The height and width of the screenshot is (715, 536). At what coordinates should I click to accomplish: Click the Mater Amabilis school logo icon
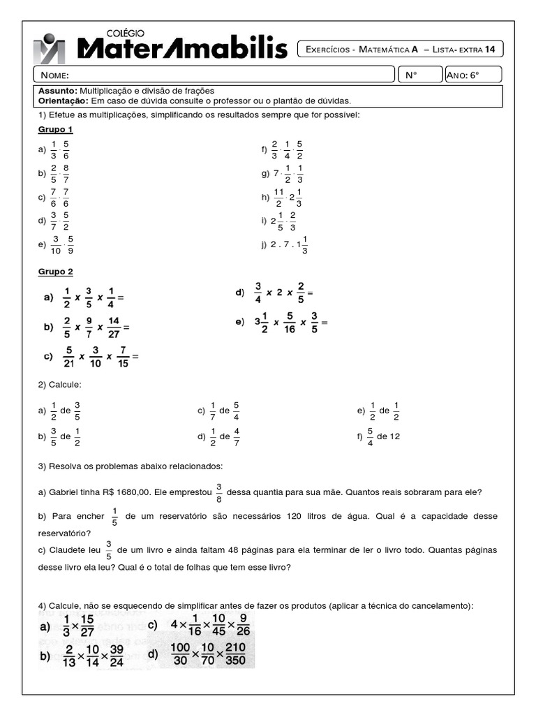pos(49,48)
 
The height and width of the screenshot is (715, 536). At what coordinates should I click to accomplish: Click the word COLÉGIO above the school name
pos(125,32)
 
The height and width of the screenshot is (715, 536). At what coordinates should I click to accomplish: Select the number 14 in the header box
pos(494,50)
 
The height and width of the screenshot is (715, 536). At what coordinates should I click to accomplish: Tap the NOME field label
pos(54,75)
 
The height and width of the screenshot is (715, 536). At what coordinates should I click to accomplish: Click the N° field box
pos(419,75)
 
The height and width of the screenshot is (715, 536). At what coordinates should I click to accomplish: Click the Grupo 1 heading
pos(55,130)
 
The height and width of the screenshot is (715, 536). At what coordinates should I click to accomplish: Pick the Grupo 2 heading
pos(55,272)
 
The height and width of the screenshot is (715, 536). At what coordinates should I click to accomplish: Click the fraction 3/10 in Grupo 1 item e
pos(56,245)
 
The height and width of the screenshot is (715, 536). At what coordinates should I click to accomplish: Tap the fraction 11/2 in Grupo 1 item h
pos(278,198)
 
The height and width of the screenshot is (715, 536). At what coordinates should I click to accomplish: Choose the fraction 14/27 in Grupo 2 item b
pos(114,327)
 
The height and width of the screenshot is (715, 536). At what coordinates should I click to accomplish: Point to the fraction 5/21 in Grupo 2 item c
pos(68,357)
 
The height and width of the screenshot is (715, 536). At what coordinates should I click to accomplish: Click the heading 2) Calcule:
pos(60,385)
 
